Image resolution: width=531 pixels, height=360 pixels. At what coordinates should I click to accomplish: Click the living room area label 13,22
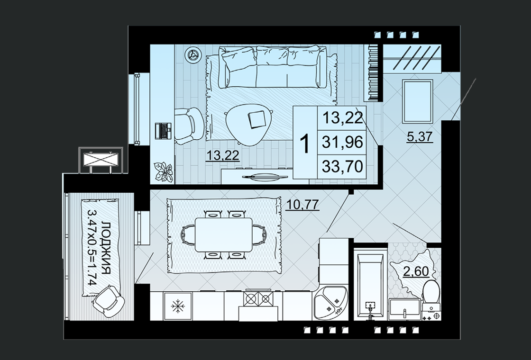pos(222,156)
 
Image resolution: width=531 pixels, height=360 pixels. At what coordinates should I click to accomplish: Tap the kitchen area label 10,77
pos(303,204)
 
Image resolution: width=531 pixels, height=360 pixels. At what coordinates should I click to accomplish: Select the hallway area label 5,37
pos(420,137)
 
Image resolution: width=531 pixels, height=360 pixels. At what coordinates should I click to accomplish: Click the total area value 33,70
pos(342,166)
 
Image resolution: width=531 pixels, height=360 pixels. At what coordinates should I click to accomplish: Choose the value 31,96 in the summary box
pos(342,142)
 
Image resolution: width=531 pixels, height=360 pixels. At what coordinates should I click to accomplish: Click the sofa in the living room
pos(272,67)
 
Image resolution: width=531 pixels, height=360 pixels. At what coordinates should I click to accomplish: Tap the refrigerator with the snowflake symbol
pos(177,306)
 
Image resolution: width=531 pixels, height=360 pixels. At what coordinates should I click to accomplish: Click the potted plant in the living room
pos(163,171)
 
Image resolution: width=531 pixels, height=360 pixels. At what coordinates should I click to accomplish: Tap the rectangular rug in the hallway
pos(418,101)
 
